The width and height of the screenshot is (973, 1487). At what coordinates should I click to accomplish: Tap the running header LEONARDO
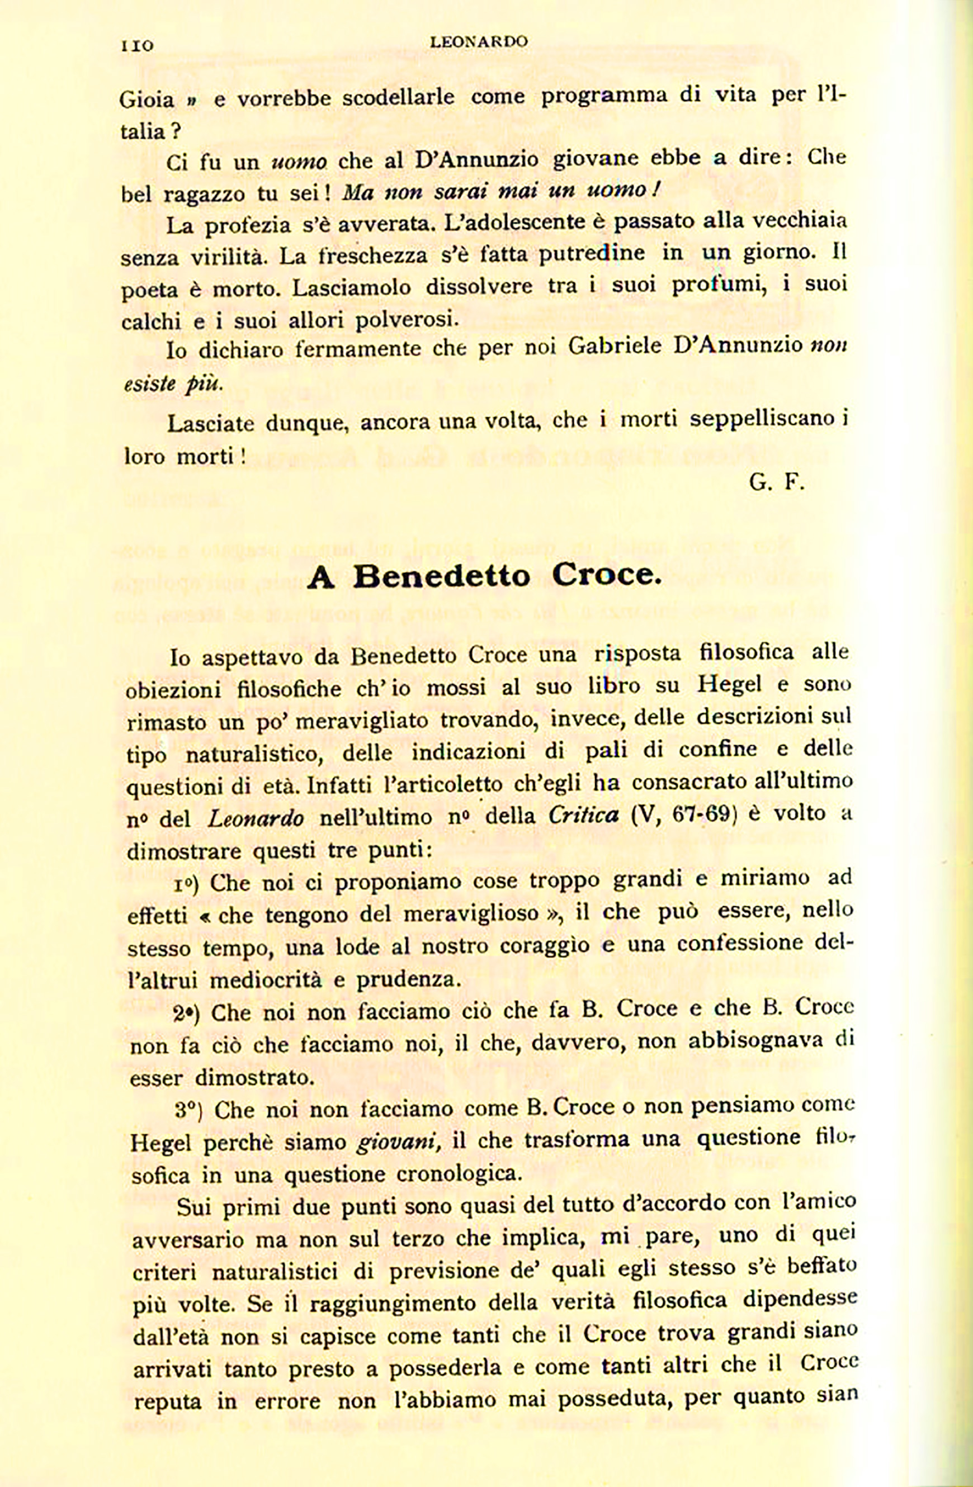coord(479,42)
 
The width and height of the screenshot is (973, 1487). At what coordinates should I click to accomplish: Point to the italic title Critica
coord(584,816)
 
